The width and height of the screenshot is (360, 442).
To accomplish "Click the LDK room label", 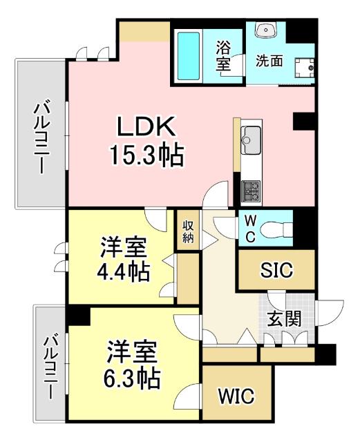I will [x=146, y=127].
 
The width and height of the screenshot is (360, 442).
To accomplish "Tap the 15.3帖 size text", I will [x=146, y=156].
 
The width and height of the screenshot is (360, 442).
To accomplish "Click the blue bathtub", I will [x=189, y=55].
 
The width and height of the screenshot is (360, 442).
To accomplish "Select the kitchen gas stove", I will [x=251, y=189].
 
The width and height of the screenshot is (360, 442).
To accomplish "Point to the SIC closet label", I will [x=276, y=270].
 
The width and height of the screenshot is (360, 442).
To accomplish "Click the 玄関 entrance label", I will [x=285, y=320].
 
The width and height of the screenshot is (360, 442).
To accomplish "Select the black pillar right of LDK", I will [x=303, y=121].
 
